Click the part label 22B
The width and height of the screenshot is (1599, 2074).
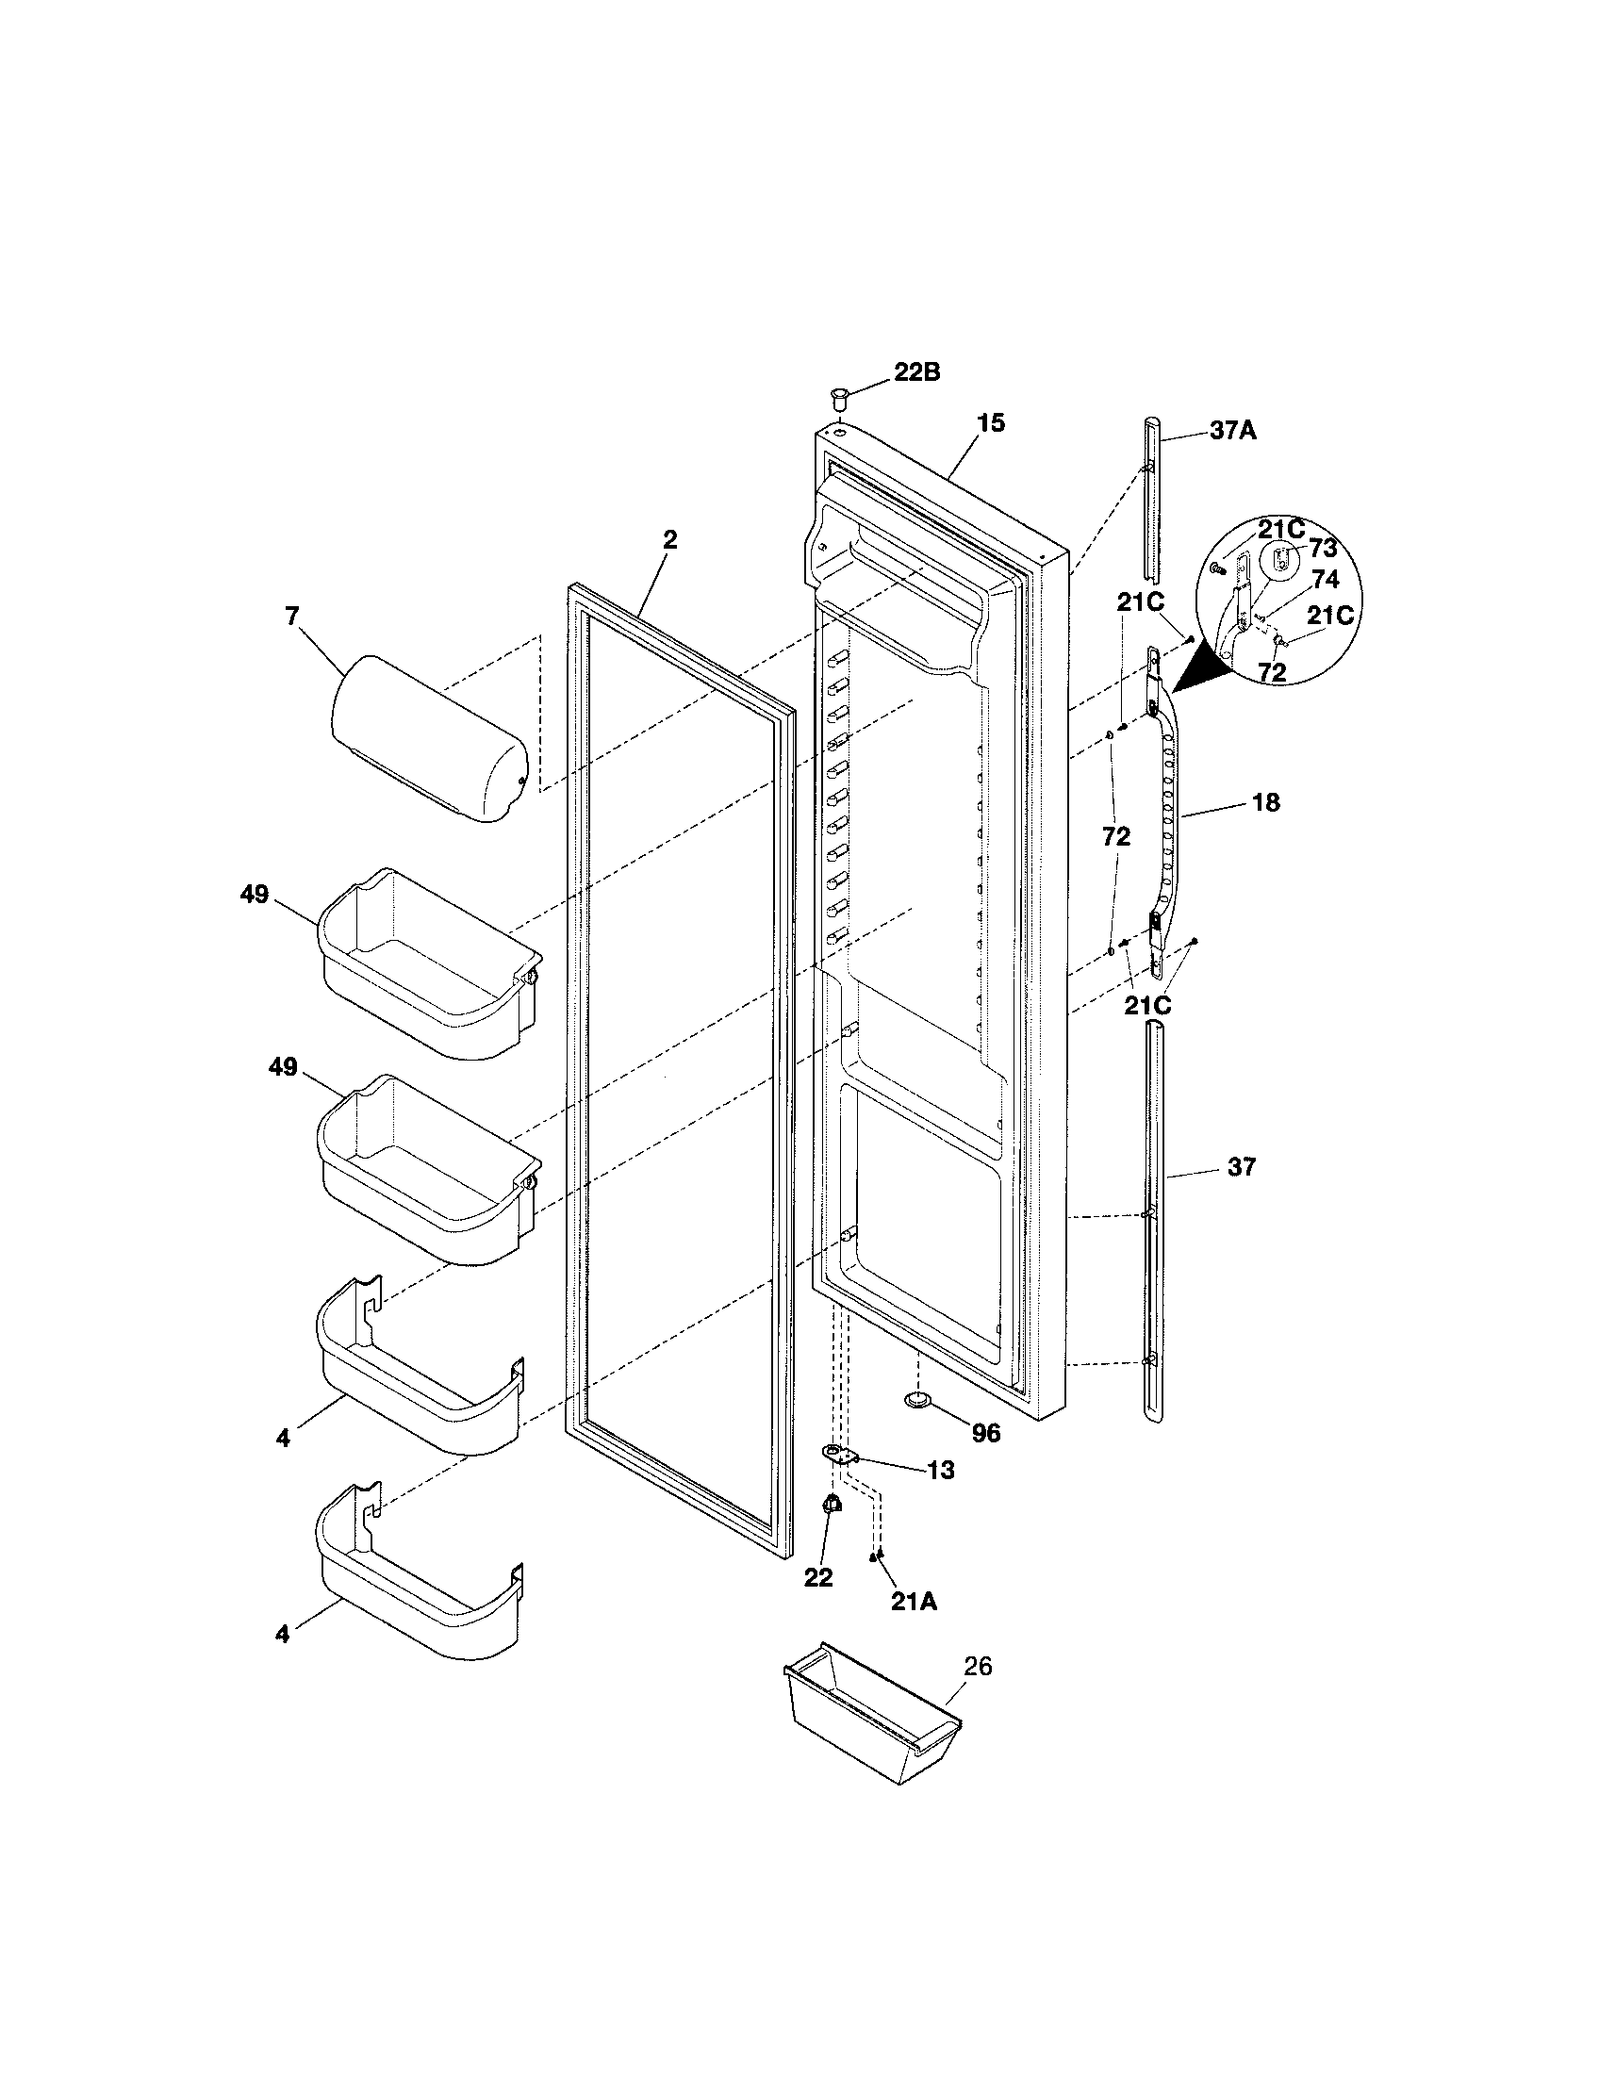point(916,373)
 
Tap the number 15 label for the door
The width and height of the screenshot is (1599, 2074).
point(990,423)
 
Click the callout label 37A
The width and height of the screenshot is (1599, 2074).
point(1232,431)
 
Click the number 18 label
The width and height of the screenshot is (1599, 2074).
point(1265,803)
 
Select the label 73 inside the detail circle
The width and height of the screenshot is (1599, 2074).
point(1323,549)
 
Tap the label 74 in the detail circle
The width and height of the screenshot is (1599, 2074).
point(1326,579)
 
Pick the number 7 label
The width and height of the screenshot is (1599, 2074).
point(291,617)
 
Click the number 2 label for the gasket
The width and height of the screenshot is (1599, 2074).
point(670,540)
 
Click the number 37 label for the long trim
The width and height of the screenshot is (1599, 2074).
point(1241,1167)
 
